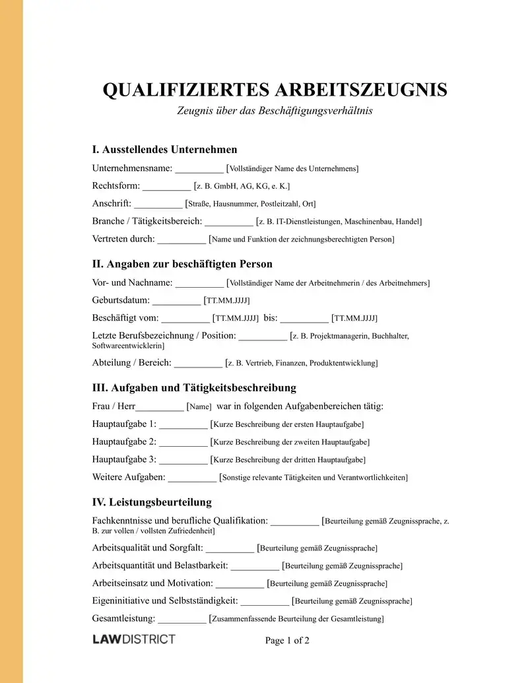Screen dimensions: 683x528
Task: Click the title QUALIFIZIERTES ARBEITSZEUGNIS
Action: [275, 90]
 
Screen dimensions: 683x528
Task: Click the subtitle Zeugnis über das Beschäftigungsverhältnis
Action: [275, 111]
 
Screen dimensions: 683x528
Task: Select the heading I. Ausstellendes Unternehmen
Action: [164, 149]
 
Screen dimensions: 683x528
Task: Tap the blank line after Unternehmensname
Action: [199, 169]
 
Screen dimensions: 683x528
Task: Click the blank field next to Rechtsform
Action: [166, 187]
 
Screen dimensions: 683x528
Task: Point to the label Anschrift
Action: [112, 203]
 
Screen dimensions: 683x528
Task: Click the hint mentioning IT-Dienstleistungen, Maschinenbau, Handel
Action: [339, 222]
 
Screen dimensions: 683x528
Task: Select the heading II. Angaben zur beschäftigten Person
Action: [182, 264]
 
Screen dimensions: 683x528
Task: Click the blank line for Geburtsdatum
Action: [176, 301]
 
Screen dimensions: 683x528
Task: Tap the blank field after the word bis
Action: [304, 319]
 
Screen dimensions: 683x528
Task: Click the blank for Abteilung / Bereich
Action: [199, 364]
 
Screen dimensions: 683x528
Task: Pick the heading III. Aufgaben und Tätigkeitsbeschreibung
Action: [194, 387]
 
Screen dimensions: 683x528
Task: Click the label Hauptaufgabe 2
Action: [124, 441]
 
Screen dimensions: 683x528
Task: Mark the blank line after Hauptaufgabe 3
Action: [183, 460]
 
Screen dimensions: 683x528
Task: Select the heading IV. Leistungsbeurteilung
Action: [152, 502]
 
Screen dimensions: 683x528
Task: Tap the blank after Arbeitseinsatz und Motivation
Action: [240, 584]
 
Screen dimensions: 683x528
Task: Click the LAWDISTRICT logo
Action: [133, 639]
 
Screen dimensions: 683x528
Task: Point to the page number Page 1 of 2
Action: [287, 640]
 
